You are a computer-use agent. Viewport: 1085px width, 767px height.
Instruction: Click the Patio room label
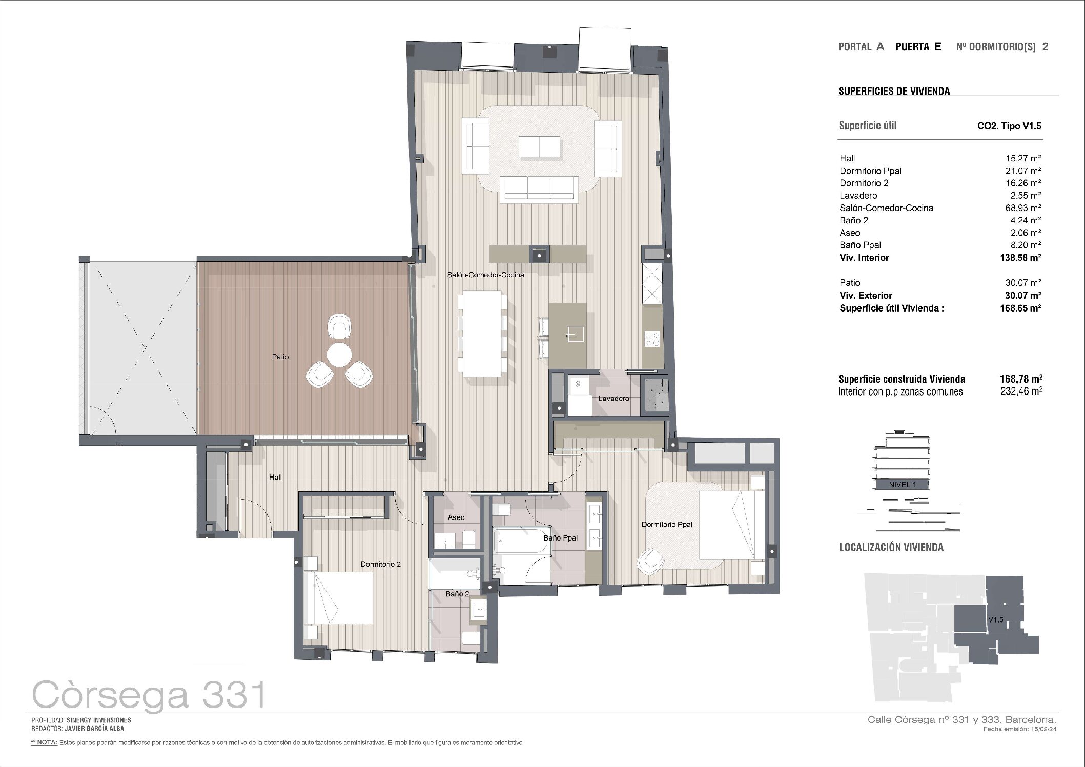(280, 357)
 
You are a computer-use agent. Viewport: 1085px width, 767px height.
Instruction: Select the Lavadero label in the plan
(613, 399)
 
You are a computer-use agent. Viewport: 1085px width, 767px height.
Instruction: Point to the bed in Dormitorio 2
(338, 598)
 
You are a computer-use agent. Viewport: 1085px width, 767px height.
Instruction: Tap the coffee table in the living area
(540, 147)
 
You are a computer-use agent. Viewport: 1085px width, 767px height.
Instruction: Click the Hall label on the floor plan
(275, 478)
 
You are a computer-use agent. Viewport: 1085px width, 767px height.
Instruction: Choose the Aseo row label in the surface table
(850, 233)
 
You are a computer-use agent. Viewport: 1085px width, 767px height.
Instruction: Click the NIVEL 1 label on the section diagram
(902, 485)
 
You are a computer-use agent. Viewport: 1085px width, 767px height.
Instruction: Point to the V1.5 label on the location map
(995, 620)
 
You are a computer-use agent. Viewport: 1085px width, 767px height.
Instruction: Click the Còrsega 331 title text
(149, 695)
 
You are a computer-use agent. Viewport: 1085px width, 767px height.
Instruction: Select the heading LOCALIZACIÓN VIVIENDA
(891, 547)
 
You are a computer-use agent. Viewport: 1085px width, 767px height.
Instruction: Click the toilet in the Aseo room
(468, 538)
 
